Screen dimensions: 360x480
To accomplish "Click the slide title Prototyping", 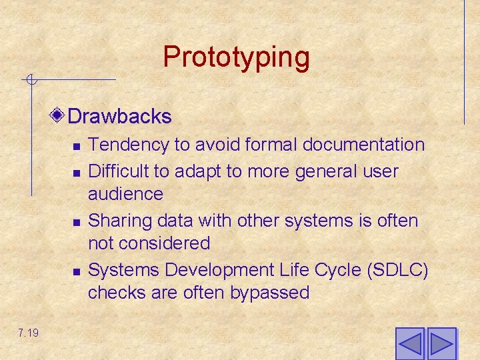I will pyautogui.click(x=236, y=57).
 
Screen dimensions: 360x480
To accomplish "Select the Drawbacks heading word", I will pyautogui.click(x=119, y=117).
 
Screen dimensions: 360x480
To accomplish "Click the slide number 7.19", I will pyautogui.click(x=29, y=332).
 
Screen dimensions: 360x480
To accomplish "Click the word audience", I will pyautogui.click(x=125, y=194).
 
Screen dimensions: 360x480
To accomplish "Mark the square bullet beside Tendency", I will pyautogui.click(x=77, y=146).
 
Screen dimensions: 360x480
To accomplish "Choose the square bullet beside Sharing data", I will pyautogui.click(x=77, y=221).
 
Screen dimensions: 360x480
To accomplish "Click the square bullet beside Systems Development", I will pyautogui.click(x=77, y=271).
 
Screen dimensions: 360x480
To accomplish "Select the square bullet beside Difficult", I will pyautogui.click(x=77, y=173).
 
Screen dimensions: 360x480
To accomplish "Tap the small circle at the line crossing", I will pyautogui.click(x=31, y=81).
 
